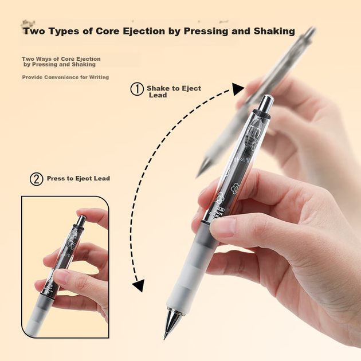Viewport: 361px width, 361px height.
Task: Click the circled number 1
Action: tap(137, 89)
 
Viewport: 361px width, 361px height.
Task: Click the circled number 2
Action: tap(36, 179)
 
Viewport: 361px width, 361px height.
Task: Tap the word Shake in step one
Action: tap(159, 88)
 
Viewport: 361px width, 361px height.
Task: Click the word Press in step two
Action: tap(55, 178)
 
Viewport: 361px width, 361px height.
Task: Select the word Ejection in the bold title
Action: tap(144, 31)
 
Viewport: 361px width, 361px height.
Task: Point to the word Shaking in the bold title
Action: tap(274, 32)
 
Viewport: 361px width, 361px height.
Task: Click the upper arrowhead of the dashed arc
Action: tap(238, 89)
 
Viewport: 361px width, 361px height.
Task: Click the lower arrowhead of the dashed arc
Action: tap(139, 285)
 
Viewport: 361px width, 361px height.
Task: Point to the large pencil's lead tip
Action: tap(164, 338)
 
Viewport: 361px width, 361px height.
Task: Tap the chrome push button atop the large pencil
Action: tap(266, 103)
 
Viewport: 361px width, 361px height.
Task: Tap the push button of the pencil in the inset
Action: tap(81, 221)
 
